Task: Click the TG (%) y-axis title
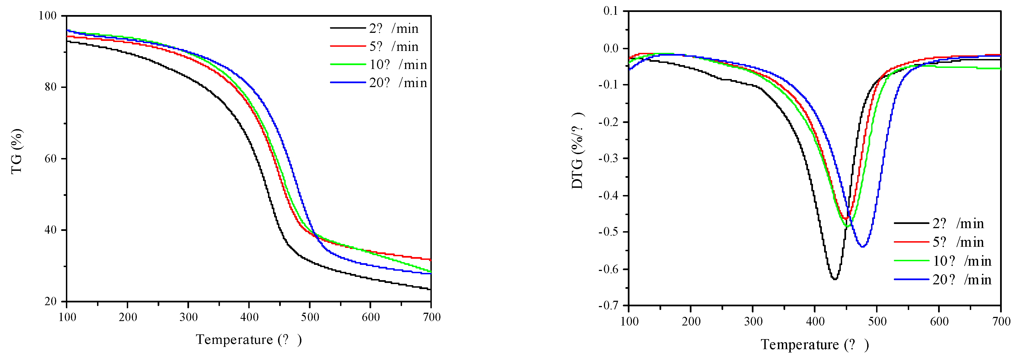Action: click(x=17, y=152)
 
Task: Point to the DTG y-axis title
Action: click(x=577, y=150)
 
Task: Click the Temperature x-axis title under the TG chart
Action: click(x=249, y=340)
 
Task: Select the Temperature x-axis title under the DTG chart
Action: click(x=815, y=345)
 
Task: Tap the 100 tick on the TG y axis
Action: click(x=48, y=16)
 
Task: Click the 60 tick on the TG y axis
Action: click(x=51, y=159)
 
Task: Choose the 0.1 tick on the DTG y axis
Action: click(x=611, y=11)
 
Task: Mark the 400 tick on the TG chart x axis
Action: click(x=249, y=317)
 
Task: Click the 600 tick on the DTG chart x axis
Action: click(x=939, y=321)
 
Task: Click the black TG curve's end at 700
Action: click(x=430, y=289)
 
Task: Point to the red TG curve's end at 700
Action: click(x=430, y=260)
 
